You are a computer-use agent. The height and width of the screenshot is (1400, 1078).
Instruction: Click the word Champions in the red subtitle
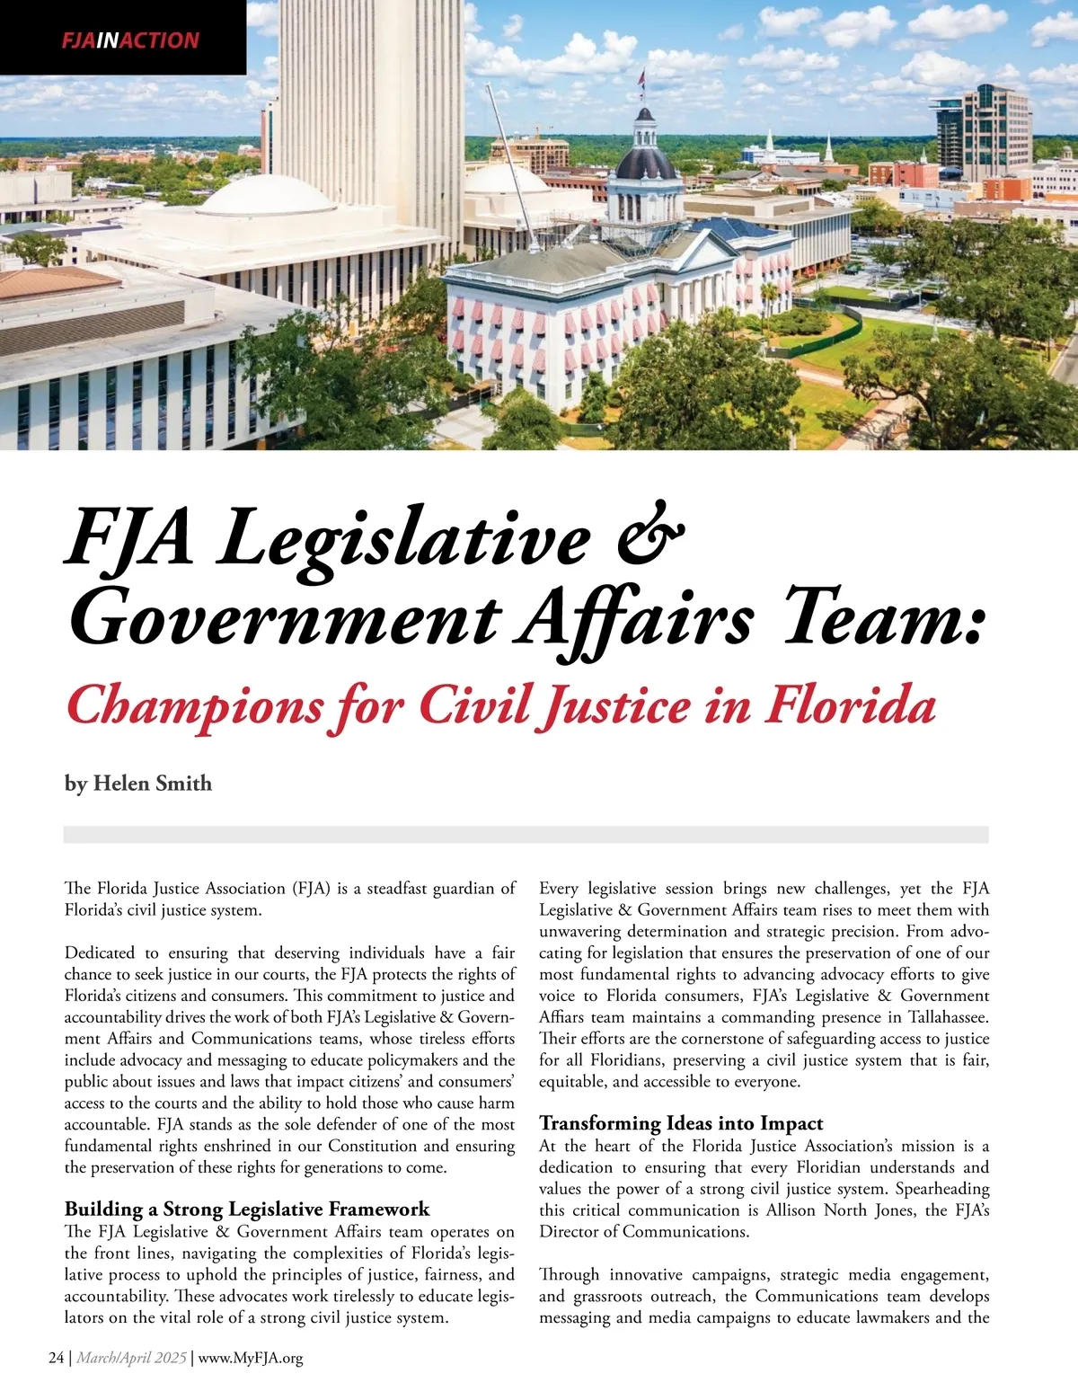tap(194, 705)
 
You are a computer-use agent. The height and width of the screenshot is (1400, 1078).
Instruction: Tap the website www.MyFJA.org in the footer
tap(251, 1358)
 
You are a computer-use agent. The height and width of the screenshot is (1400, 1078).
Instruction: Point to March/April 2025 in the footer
tap(131, 1358)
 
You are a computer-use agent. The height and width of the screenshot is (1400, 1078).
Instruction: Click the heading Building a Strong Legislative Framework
tap(247, 1209)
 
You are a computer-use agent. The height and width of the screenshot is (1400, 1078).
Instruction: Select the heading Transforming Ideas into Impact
tap(681, 1123)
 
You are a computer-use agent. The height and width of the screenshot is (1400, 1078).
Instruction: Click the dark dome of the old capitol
tap(646, 162)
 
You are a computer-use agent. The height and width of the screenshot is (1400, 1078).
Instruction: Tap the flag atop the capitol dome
tap(641, 78)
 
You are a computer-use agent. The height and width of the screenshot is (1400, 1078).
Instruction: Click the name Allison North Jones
tap(843, 1210)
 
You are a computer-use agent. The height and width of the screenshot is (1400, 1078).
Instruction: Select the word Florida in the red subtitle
tap(850, 705)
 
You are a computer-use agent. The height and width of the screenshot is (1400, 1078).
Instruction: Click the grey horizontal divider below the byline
tap(526, 835)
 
